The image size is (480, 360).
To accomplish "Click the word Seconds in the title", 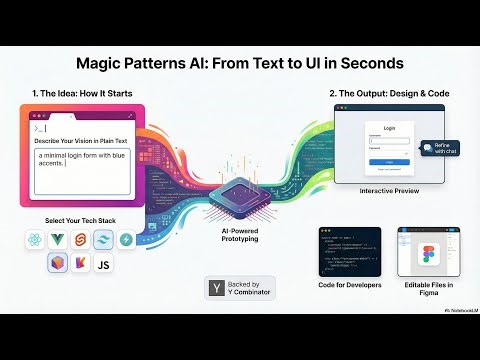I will point(364,63).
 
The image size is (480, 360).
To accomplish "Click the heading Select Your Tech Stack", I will point(82,220).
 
